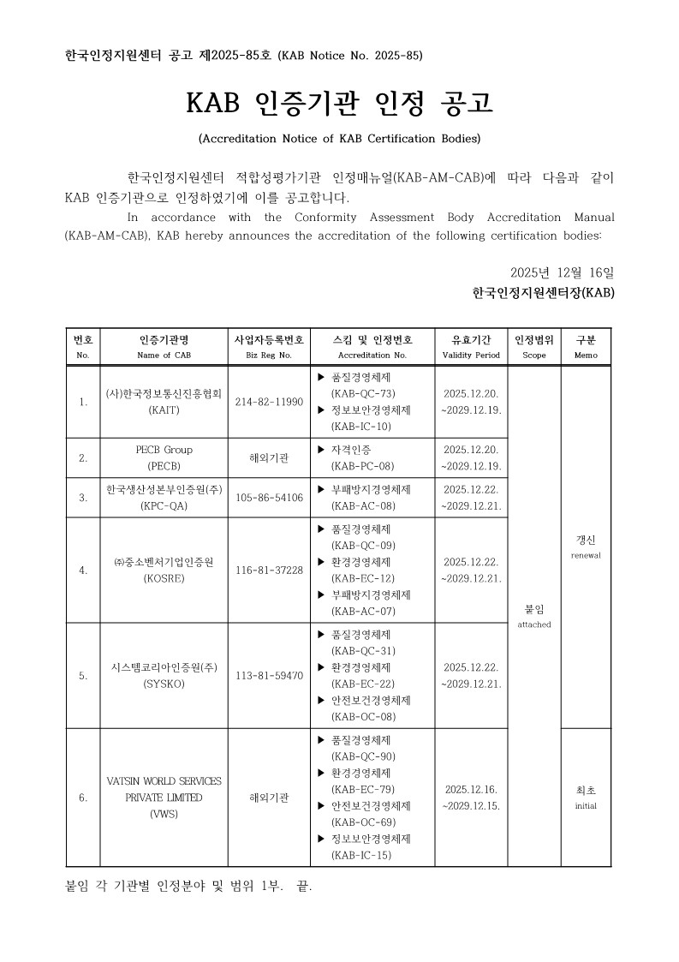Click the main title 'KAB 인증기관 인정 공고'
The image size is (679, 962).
[x=339, y=104]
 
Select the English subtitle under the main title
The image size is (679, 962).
[x=339, y=138]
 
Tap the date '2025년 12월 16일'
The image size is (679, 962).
[x=561, y=272]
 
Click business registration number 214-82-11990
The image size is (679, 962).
[x=269, y=402]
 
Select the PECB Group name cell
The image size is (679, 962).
[x=164, y=457]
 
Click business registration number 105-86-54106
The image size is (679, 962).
[x=269, y=498]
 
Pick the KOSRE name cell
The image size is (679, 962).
[x=164, y=570]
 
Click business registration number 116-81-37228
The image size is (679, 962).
[x=269, y=570]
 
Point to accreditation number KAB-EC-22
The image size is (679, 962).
[x=363, y=684]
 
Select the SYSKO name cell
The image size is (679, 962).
[x=164, y=675]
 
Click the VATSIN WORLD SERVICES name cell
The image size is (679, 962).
[x=164, y=798]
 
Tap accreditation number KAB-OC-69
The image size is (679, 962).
[x=363, y=822]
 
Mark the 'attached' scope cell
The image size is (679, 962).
[x=534, y=616]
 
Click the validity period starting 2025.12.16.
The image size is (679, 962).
[x=471, y=798]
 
